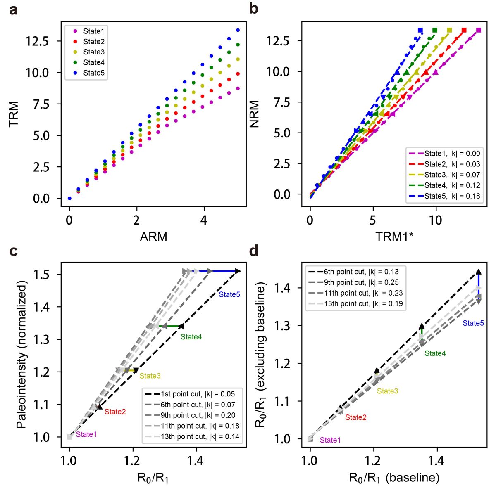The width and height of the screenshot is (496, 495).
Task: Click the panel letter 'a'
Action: pos(13,9)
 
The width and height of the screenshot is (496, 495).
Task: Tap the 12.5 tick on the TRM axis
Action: pos(37,41)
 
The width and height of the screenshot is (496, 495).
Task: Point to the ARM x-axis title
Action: pos(153,237)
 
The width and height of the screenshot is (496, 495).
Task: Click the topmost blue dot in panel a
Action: pos(238,30)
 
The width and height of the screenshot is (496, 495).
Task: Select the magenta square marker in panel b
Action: pos(479,30)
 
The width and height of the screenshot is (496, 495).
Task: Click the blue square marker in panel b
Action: pos(420,30)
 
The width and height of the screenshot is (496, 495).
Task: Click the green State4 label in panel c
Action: pos(191,337)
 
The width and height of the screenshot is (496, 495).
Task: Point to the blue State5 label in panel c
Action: pos(229,295)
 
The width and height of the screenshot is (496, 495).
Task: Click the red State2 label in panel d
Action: pos(356,417)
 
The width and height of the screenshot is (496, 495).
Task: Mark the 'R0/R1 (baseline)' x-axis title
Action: pos(394,478)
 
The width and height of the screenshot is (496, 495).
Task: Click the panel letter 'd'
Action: pos(254,251)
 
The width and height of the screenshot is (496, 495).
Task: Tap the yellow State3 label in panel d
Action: pos(387,391)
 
